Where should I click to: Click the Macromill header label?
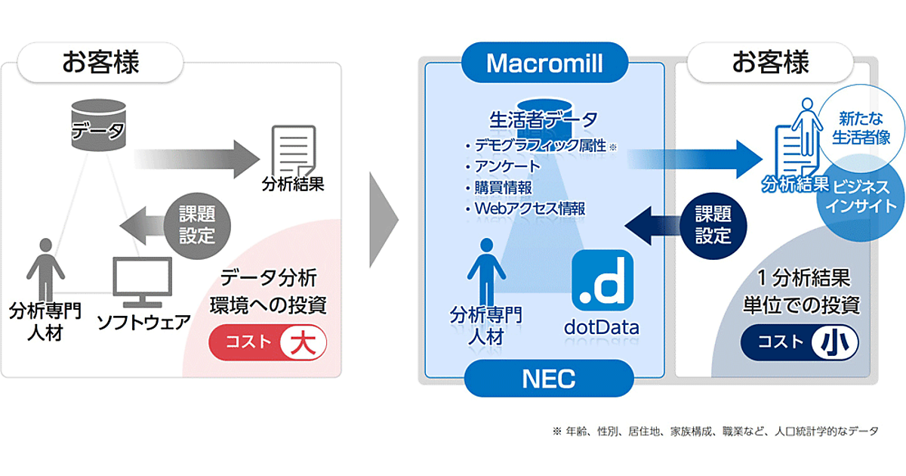pyautogui.click(x=544, y=63)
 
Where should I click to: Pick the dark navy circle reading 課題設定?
pyautogui.click(x=713, y=226)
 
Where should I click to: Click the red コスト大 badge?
pyautogui.click(x=268, y=342)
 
